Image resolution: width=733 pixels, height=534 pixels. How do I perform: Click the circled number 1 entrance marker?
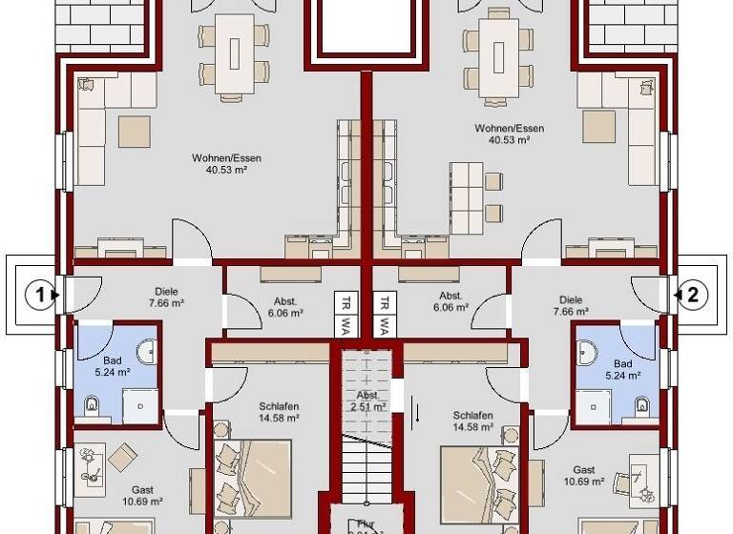point(40,296)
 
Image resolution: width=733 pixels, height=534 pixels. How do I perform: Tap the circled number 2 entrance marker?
point(693,296)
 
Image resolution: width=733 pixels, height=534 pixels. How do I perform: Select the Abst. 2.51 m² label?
point(367,400)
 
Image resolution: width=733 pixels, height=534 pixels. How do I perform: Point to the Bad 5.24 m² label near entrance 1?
point(112,367)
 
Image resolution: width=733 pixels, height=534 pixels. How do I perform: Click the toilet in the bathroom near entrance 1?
point(93,407)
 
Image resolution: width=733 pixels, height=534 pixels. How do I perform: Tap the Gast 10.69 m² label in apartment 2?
point(584,475)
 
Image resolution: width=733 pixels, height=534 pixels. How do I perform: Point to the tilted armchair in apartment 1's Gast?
point(122,459)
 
